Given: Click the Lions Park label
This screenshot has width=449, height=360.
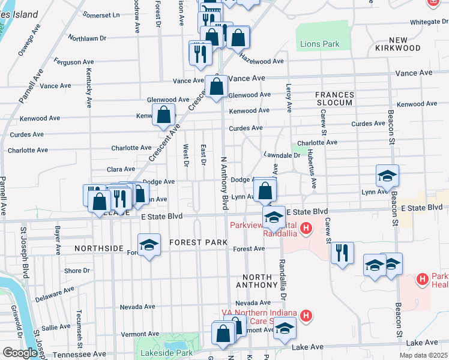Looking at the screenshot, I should pyautogui.click(x=319, y=44).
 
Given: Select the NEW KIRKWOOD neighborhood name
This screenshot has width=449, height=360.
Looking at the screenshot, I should pyautogui.click(x=399, y=43).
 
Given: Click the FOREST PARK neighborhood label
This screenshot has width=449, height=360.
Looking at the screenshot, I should pyautogui.click(x=198, y=242).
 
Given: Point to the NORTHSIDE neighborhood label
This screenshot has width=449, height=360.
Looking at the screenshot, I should pyautogui.click(x=99, y=248).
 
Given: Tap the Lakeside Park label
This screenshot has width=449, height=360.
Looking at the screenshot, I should pyautogui.click(x=162, y=353).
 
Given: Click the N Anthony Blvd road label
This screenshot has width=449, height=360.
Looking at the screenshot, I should pyautogui.click(x=225, y=180).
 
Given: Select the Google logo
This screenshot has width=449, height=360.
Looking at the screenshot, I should pyautogui.click(x=20, y=353).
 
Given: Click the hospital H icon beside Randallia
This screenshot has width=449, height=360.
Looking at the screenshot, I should pyautogui.click(x=306, y=228).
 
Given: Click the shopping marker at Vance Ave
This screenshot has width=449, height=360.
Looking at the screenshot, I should pyautogui.click(x=216, y=86).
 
